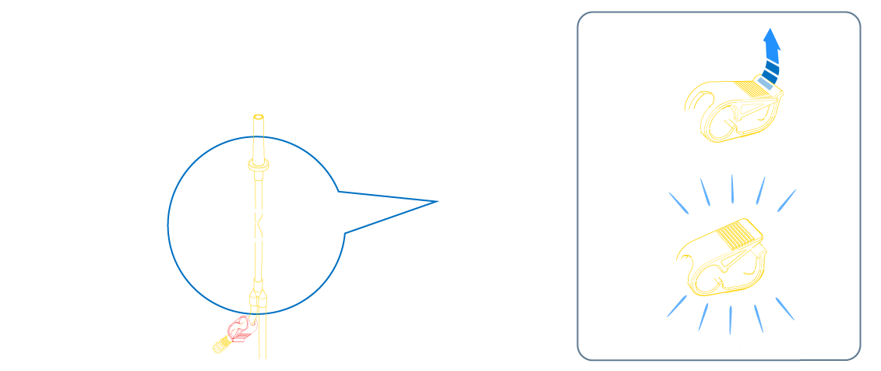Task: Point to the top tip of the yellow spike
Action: click(x=259, y=118)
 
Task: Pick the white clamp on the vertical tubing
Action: click(x=259, y=224)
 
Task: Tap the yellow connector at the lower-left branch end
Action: click(x=220, y=342)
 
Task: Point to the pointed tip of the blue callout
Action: click(x=437, y=201)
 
